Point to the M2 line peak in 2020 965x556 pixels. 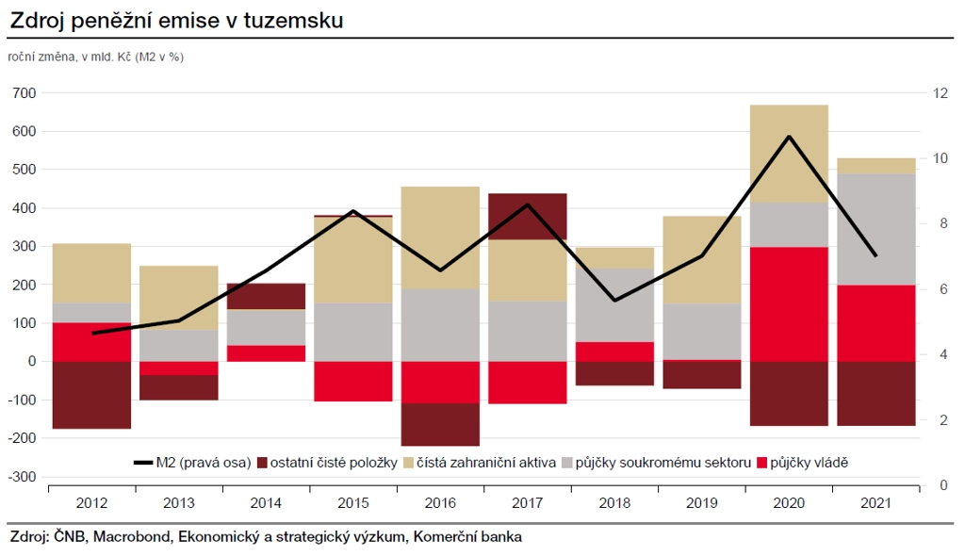pos(789,137)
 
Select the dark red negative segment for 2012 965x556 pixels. pos(91,394)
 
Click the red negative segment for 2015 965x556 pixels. pos(353,381)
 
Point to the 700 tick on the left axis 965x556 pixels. pos(25,93)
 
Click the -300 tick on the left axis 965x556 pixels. pos(23,477)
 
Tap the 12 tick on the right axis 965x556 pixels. pos(940,93)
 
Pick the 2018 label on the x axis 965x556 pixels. pos(614,504)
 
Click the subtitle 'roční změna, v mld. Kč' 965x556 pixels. pos(70,57)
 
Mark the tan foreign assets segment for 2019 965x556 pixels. pos(702,260)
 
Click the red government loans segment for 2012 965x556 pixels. pos(91,341)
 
